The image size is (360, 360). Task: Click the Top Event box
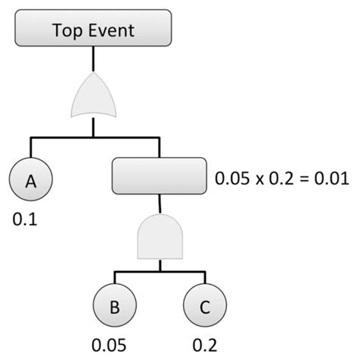point(92,30)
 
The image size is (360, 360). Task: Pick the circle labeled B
point(115,307)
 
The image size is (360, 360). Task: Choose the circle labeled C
point(204,307)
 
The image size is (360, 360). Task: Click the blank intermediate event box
point(159,175)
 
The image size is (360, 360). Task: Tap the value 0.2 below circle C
point(204,346)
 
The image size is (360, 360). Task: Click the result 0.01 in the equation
point(332,179)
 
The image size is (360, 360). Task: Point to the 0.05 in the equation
point(232,179)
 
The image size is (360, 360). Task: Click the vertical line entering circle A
point(30,149)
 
